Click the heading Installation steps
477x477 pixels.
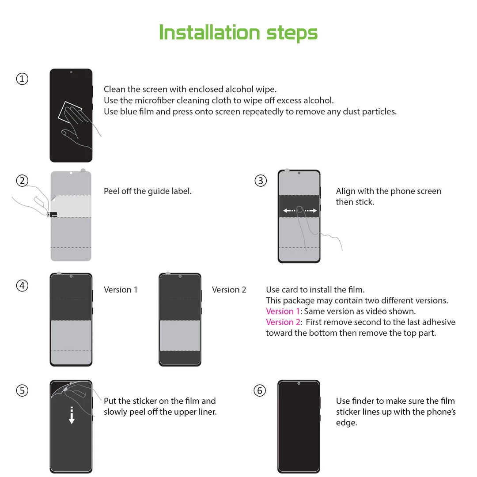[x=238, y=33]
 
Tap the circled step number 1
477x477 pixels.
[x=22, y=79]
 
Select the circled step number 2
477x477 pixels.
[x=22, y=181]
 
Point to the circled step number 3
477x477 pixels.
[x=261, y=181]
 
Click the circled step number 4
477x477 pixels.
[x=22, y=286]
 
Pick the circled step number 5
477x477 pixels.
[x=22, y=390]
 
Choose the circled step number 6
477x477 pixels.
[x=260, y=390]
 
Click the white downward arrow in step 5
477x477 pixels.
[x=72, y=416]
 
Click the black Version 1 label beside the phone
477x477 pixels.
[x=121, y=290]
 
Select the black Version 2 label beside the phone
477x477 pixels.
[x=229, y=290]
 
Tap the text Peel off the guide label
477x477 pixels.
[x=148, y=191]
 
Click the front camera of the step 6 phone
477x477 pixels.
[x=299, y=383]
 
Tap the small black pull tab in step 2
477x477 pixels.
[x=53, y=215]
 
